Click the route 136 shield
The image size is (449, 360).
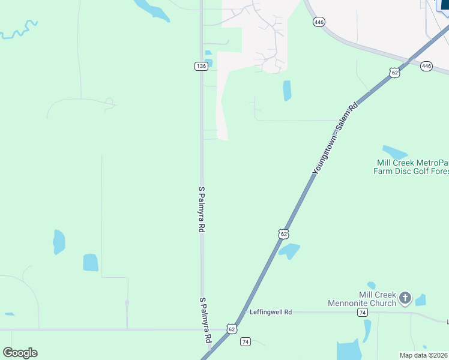(201, 66)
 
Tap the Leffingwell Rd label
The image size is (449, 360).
(271, 312)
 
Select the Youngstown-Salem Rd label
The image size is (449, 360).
(335, 139)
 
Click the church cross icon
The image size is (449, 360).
(405, 297)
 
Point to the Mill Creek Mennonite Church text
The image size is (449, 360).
(362, 299)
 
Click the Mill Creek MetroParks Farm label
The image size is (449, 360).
(412, 167)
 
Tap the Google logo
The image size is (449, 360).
(20, 353)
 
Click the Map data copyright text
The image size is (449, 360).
(424, 355)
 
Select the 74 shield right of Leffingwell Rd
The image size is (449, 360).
(362, 313)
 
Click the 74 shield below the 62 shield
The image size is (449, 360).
(245, 342)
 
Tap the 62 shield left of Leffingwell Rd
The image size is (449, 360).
(232, 329)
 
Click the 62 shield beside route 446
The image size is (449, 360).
(394, 72)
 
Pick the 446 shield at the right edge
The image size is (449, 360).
(426, 66)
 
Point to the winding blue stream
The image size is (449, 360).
(18, 30)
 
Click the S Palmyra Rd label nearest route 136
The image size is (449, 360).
(202, 209)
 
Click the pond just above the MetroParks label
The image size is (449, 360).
(394, 151)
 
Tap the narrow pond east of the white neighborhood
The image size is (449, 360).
(287, 90)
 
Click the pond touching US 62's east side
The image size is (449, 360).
(289, 250)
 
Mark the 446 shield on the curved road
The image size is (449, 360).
(319, 22)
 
